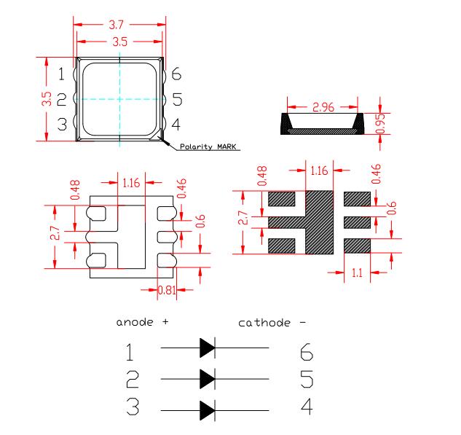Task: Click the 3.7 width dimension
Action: tap(116, 25)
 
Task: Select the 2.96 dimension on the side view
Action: tap(323, 107)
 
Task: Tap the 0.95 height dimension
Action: tap(380, 123)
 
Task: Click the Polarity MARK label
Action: tap(208, 146)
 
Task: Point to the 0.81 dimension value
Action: tap(167, 290)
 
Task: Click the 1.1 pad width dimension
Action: tap(357, 273)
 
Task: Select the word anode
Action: tap(135, 322)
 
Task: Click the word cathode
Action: tap(264, 323)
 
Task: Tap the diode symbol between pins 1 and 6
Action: tap(208, 348)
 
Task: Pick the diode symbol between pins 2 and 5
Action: tap(208, 379)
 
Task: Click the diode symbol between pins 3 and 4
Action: tap(208, 410)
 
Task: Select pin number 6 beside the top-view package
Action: tap(176, 74)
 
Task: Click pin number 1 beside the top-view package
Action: tap(61, 74)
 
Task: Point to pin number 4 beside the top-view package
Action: tap(176, 125)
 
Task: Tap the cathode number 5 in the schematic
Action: tap(307, 379)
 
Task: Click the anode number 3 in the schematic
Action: tap(133, 406)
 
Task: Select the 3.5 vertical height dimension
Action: tap(47, 99)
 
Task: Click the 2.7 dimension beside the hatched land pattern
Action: tap(243, 218)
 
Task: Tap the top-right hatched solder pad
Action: tap(357, 199)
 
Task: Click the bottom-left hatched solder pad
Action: tap(282, 246)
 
